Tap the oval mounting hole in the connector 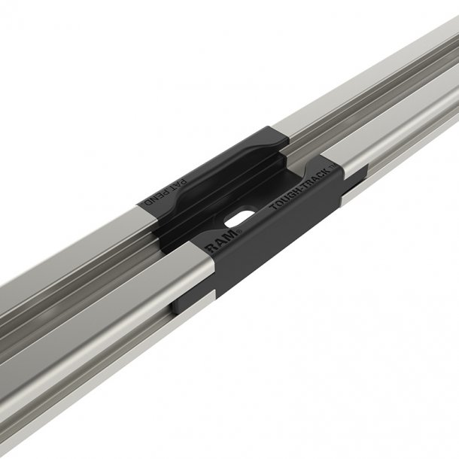(239, 216)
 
